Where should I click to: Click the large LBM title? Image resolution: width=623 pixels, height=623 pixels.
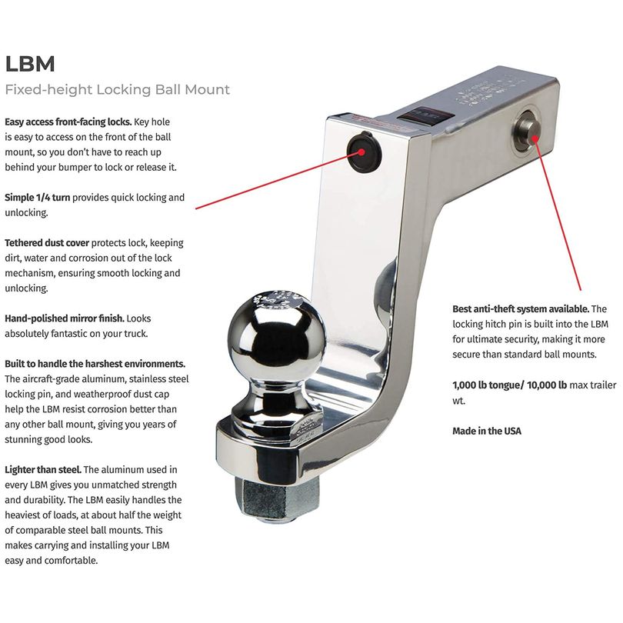pyautogui.click(x=30, y=64)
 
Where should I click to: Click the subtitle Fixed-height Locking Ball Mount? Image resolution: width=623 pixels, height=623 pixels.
pyautogui.click(x=117, y=90)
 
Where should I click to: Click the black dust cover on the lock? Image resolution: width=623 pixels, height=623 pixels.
pyautogui.click(x=365, y=152)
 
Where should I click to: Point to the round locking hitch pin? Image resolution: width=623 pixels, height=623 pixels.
pyautogui.click(x=528, y=133)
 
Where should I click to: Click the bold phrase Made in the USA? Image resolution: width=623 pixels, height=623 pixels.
pyautogui.click(x=487, y=431)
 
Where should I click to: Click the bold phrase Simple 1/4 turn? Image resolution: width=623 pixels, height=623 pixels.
pyautogui.click(x=38, y=198)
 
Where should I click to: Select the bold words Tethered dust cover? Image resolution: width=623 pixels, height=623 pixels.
pyautogui.click(x=47, y=243)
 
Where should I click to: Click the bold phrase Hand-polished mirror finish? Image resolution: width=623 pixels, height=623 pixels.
pyautogui.click(x=65, y=318)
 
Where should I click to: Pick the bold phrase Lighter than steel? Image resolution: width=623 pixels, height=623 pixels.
pyautogui.click(x=43, y=470)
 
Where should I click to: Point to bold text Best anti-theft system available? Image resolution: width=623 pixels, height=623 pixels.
pyautogui.click(x=521, y=309)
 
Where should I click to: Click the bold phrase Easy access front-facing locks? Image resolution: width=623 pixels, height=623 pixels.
pyautogui.click(x=68, y=122)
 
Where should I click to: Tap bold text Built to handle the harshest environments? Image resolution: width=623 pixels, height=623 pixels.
pyautogui.click(x=95, y=364)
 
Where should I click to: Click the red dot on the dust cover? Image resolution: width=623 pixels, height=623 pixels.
pyautogui.click(x=361, y=152)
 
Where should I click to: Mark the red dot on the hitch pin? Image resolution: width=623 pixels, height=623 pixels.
pyautogui.click(x=535, y=138)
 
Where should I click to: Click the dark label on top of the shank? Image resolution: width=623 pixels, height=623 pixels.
pyautogui.click(x=425, y=115)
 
